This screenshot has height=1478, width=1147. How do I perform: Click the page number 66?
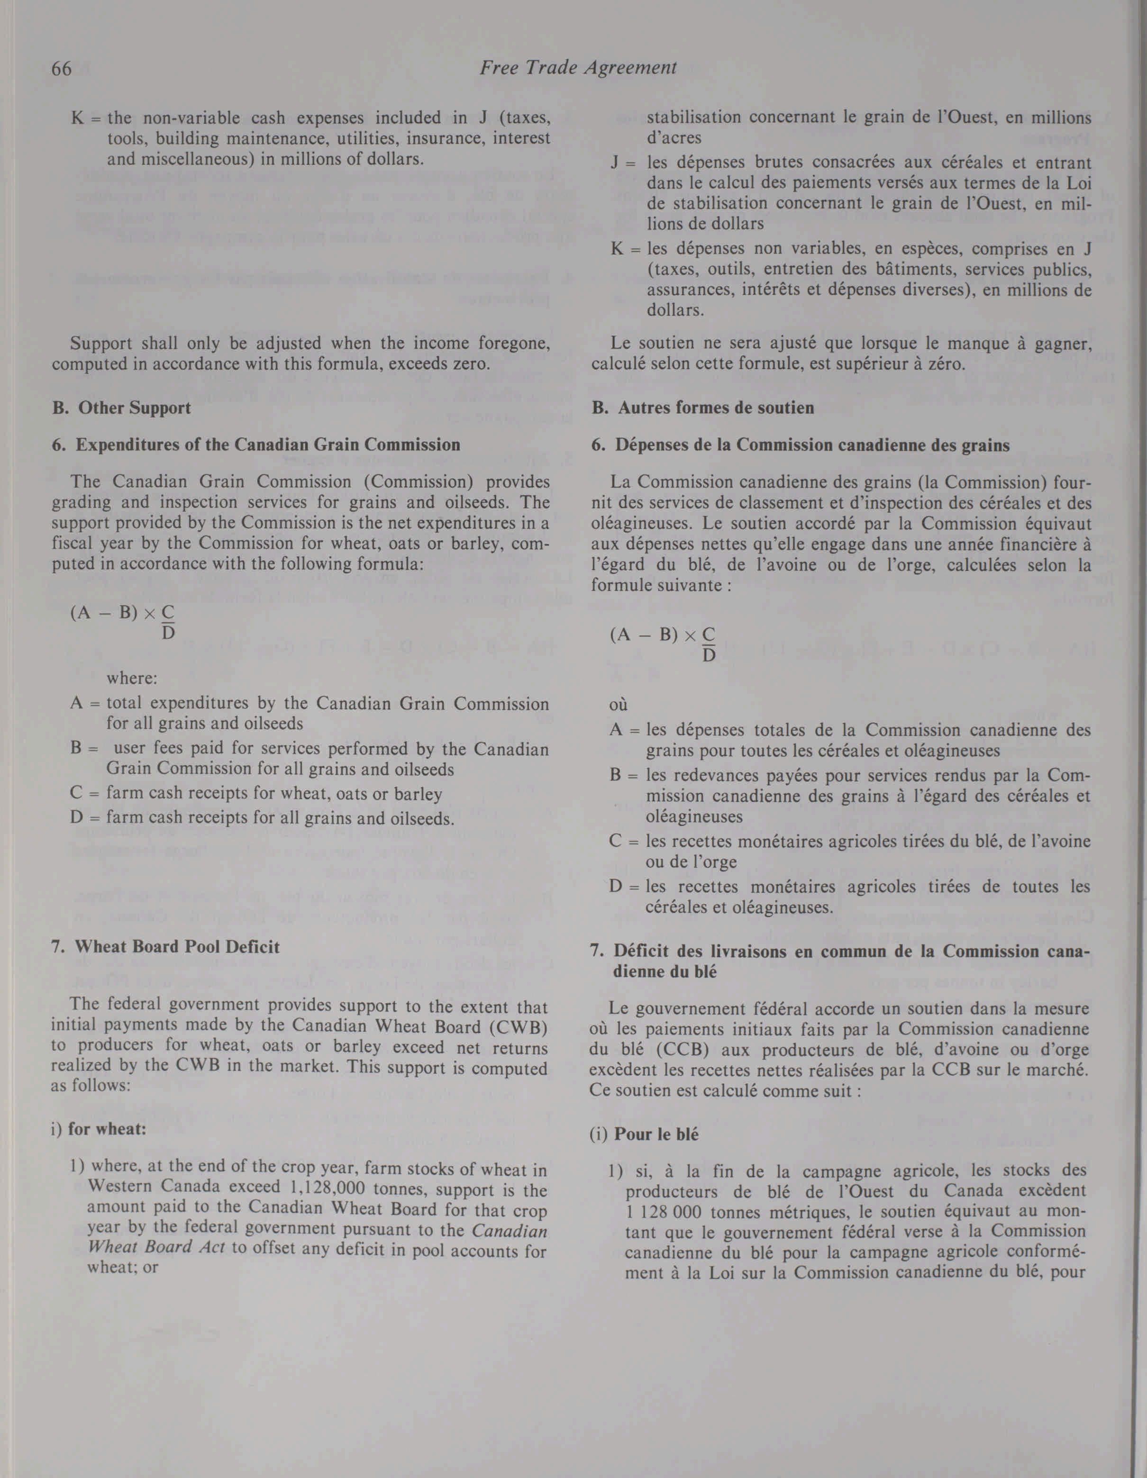62,68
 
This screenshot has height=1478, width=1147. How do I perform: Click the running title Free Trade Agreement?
578,68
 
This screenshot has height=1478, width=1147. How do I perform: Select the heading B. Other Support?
121,408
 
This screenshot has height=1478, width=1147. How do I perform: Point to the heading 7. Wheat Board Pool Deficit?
166,947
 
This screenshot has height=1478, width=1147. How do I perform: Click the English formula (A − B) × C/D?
122,622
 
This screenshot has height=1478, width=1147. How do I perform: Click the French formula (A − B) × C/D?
662,645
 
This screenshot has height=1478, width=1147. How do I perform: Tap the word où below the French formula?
619,705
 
